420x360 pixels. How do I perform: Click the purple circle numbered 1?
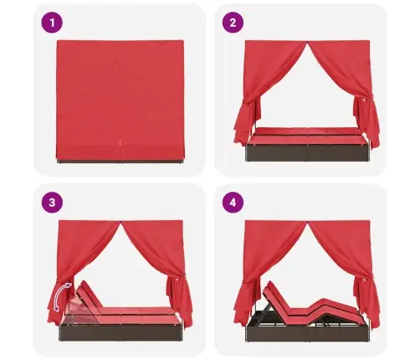[x=52, y=23]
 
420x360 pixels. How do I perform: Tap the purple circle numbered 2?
[x=233, y=23]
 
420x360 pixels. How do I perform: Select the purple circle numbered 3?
[x=52, y=203]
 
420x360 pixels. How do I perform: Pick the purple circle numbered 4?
[x=233, y=203]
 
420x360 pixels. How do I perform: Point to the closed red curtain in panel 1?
[x=120, y=100]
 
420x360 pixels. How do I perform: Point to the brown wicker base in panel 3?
[x=120, y=332]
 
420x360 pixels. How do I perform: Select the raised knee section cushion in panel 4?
[x=325, y=305]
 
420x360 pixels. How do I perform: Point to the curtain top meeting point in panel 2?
[x=307, y=43]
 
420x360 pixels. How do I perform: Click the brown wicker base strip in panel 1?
[x=120, y=162]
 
